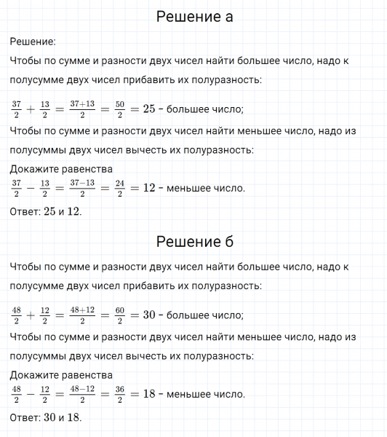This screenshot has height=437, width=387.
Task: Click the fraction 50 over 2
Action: (121, 109)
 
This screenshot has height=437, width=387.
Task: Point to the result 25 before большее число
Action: (149, 109)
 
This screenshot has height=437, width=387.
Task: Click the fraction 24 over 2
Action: (121, 188)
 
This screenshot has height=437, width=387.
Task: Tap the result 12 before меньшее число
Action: (149, 188)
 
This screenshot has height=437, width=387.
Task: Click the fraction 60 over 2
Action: (121, 315)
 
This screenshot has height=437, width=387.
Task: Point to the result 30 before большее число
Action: (149, 315)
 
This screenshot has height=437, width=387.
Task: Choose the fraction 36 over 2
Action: (121, 394)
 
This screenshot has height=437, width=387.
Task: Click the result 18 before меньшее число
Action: (149, 394)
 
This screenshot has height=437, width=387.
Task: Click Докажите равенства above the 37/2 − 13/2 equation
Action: (62, 170)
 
